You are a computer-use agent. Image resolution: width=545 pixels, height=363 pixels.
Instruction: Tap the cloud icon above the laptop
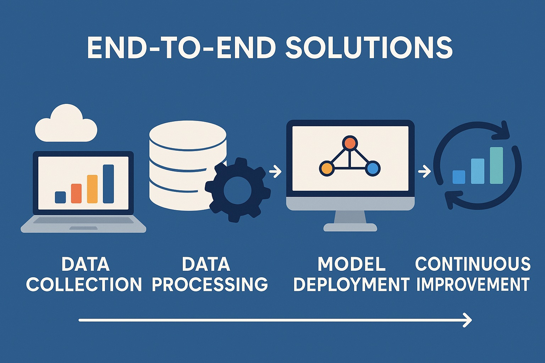pyautogui.click(x=66, y=123)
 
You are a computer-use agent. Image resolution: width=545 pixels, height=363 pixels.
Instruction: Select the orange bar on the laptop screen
pyautogui.click(x=76, y=194)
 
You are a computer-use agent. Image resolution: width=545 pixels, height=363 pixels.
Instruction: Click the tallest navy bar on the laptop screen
pyautogui.click(x=108, y=184)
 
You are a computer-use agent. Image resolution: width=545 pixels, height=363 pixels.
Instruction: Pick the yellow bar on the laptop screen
pyautogui.click(x=92, y=189)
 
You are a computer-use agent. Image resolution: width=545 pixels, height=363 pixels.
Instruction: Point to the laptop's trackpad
pyautogui.click(x=83, y=228)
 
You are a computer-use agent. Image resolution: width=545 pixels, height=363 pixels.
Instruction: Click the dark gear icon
pyautogui.click(x=238, y=190)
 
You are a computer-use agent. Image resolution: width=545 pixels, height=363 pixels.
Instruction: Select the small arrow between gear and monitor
pyautogui.click(x=275, y=172)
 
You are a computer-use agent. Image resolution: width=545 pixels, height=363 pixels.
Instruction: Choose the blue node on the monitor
pyautogui.click(x=373, y=168)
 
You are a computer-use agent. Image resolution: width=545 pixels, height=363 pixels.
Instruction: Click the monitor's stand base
pyautogui.click(x=350, y=227)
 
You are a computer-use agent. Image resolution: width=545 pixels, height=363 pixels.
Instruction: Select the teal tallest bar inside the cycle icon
pyautogui.click(x=496, y=165)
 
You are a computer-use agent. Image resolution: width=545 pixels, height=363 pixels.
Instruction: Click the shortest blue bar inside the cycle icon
pyautogui.click(x=459, y=177)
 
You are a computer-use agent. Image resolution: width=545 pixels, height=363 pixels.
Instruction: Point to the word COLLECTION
pyautogui.click(x=84, y=284)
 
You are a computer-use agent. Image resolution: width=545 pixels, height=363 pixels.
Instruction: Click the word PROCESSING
pyautogui.click(x=210, y=284)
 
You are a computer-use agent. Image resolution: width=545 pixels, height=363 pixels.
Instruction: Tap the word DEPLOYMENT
pyautogui.click(x=351, y=284)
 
